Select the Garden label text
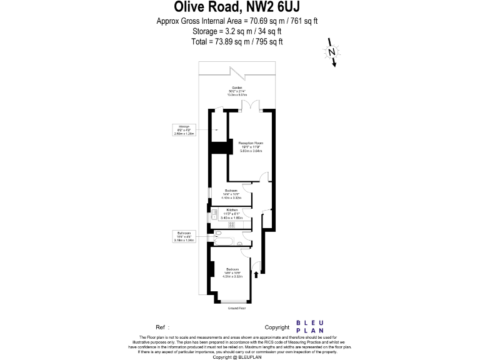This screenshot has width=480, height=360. [x=237, y=90]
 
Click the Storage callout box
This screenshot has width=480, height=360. [x=184, y=129]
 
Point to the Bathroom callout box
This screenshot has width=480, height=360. [x=184, y=236]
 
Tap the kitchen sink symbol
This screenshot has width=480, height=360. [x=214, y=214]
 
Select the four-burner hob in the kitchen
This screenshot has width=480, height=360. [x=231, y=224]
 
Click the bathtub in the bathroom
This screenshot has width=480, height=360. [x=224, y=240]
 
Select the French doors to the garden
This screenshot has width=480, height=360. [x=250, y=106]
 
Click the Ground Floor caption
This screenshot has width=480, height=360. [x=236, y=308]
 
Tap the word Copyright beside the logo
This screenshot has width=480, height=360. [x=277, y=327]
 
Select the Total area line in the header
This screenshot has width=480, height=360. [x=237, y=41]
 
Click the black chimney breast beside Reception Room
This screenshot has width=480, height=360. [x=219, y=148]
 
